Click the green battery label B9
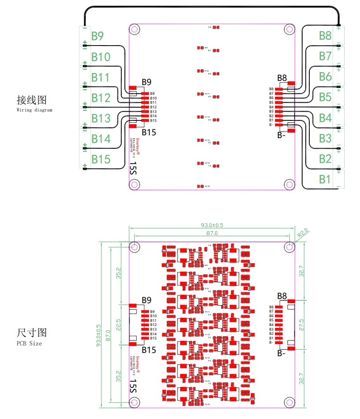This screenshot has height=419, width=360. point(97,36)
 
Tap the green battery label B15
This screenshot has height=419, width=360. point(100,160)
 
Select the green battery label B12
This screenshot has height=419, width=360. point(100,98)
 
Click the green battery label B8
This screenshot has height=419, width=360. point(325,35)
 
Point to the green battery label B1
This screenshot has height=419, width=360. point(325,179)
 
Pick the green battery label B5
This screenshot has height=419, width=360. point(325,97)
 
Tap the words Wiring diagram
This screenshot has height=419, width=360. point(34,111)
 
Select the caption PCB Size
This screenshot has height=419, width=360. point(29,344)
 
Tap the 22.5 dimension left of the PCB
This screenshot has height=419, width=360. point(118,325)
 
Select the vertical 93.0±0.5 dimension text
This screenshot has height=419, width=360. point(98,336)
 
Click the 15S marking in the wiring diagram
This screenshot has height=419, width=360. point(133,168)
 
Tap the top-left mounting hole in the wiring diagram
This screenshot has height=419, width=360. point(135,30)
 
